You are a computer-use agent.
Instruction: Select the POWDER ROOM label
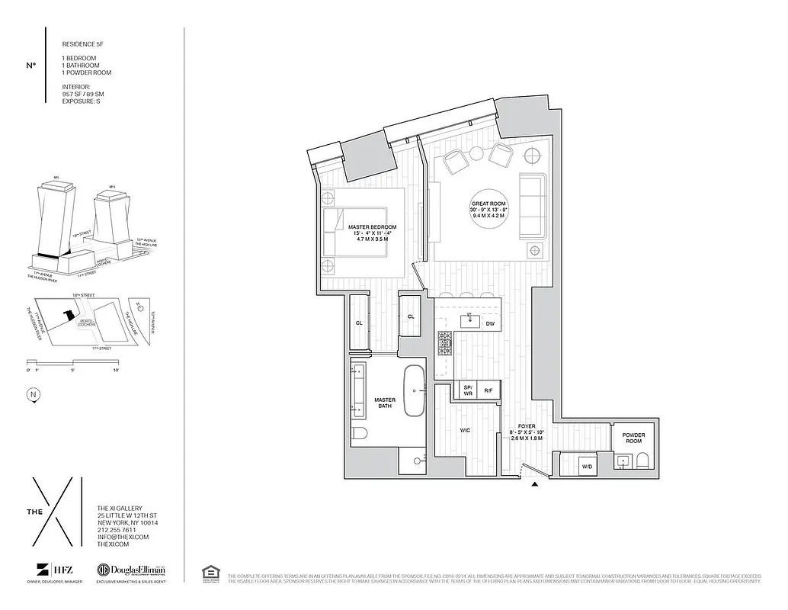pyautogui.click(x=633, y=438)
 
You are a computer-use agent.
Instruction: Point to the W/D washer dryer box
pyautogui.click(x=587, y=465)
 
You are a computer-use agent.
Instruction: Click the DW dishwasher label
pyautogui.click(x=490, y=323)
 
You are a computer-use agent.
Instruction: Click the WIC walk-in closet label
pyautogui.click(x=466, y=431)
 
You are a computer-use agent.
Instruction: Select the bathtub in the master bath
pyautogui.click(x=415, y=390)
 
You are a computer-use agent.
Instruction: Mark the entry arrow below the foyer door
pyautogui.click(x=534, y=483)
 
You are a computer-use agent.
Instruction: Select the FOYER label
pyautogui.click(x=527, y=427)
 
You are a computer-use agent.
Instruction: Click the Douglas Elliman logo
pyautogui.click(x=130, y=570)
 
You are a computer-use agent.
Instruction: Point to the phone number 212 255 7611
pyautogui.click(x=117, y=529)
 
